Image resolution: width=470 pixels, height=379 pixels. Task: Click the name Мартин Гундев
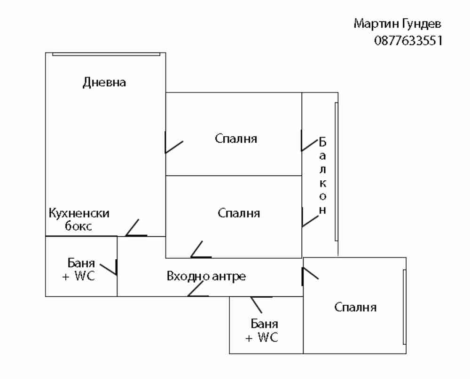(x=398, y=23)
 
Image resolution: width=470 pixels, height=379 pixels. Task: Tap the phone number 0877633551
(x=408, y=40)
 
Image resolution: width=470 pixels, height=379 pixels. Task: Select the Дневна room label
(x=104, y=83)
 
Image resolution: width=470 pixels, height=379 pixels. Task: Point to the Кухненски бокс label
(x=79, y=219)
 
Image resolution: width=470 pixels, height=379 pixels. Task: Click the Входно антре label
(x=206, y=276)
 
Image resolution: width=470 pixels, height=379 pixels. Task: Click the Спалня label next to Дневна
(x=236, y=139)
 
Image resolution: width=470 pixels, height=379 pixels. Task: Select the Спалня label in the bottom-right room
(x=355, y=308)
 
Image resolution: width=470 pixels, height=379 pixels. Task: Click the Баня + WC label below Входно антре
(x=262, y=330)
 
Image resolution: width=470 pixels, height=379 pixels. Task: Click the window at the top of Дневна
(x=105, y=54)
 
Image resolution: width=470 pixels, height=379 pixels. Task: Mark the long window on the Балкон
(x=336, y=171)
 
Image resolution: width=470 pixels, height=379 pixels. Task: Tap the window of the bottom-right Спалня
(x=404, y=308)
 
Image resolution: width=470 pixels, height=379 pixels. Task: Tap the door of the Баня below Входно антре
(x=258, y=303)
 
